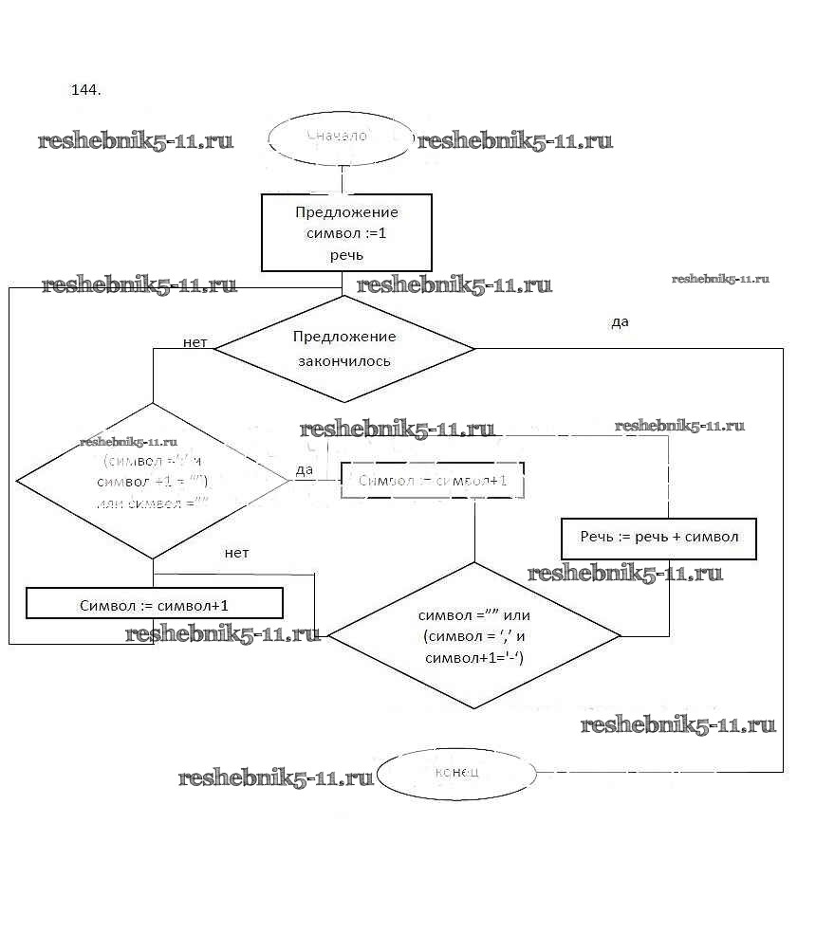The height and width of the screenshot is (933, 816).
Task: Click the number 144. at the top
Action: click(86, 91)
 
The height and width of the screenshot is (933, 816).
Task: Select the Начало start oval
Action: click(342, 137)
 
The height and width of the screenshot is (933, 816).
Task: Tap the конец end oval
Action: click(456, 771)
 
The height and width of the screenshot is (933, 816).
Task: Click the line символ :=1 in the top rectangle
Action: click(346, 233)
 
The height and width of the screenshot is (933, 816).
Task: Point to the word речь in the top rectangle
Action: click(346, 255)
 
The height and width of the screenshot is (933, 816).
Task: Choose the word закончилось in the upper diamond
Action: click(344, 361)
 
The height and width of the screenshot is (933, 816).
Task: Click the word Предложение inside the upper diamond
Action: click(344, 337)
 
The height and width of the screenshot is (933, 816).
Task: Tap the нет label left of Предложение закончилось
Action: click(195, 341)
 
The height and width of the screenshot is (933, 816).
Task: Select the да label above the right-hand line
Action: click(620, 322)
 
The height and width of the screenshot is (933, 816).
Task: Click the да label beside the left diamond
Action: click(304, 469)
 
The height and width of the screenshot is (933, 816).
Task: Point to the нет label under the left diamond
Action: click(237, 553)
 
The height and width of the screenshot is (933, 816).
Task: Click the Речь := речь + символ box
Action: click(658, 538)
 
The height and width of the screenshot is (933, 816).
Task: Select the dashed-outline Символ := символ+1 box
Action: click(433, 482)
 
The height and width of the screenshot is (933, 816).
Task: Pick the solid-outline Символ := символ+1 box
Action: click(155, 604)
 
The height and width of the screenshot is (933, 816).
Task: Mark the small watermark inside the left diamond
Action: click(129, 442)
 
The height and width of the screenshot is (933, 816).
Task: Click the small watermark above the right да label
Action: click(720, 279)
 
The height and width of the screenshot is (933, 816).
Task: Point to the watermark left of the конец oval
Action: click(276, 778)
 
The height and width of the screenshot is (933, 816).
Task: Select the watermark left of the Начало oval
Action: click(136, 141)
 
